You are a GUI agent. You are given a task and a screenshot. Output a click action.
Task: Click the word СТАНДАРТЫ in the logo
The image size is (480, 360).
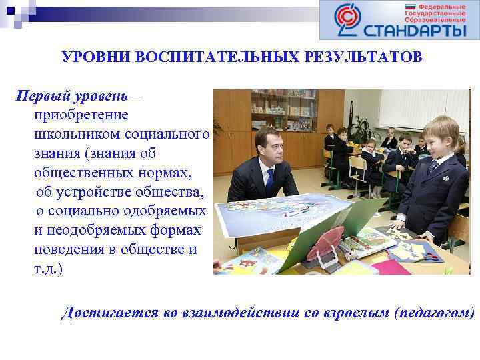[415, 30]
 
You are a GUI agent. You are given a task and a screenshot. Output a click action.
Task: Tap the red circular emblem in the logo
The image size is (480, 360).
[346, 21]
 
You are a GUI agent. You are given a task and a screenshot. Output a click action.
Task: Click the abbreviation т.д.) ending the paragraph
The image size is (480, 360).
[48, 269]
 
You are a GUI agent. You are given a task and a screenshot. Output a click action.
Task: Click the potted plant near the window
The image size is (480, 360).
[363, 130]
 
